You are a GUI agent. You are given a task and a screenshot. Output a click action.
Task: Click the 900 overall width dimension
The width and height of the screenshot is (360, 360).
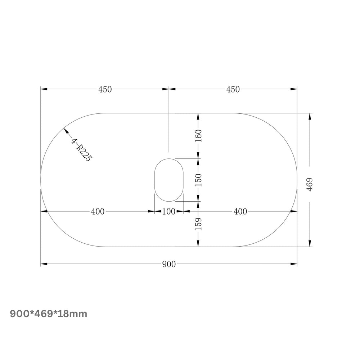tap(169, 264)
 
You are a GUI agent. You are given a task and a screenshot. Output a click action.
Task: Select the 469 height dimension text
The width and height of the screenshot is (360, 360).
tap(310, 184)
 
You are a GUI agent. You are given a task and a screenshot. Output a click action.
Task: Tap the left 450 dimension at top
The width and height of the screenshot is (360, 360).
tap(105, 89)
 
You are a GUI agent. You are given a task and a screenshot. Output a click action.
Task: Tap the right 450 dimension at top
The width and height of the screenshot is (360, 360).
tap(233, 89)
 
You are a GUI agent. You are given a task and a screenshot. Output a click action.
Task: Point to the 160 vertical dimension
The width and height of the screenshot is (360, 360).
tap(198, 136)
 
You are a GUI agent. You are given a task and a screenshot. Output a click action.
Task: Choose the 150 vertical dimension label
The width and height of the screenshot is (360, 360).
tap(198, 180)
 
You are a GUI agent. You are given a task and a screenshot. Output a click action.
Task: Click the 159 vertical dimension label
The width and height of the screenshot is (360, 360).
tap(198, 224)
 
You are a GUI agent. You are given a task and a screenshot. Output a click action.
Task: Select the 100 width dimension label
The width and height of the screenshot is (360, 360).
tap(169, 211)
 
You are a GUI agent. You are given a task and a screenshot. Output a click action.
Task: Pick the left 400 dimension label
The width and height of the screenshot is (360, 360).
tap(98, 211)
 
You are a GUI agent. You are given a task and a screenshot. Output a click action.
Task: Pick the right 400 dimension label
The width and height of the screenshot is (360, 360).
tap(240, 211)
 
